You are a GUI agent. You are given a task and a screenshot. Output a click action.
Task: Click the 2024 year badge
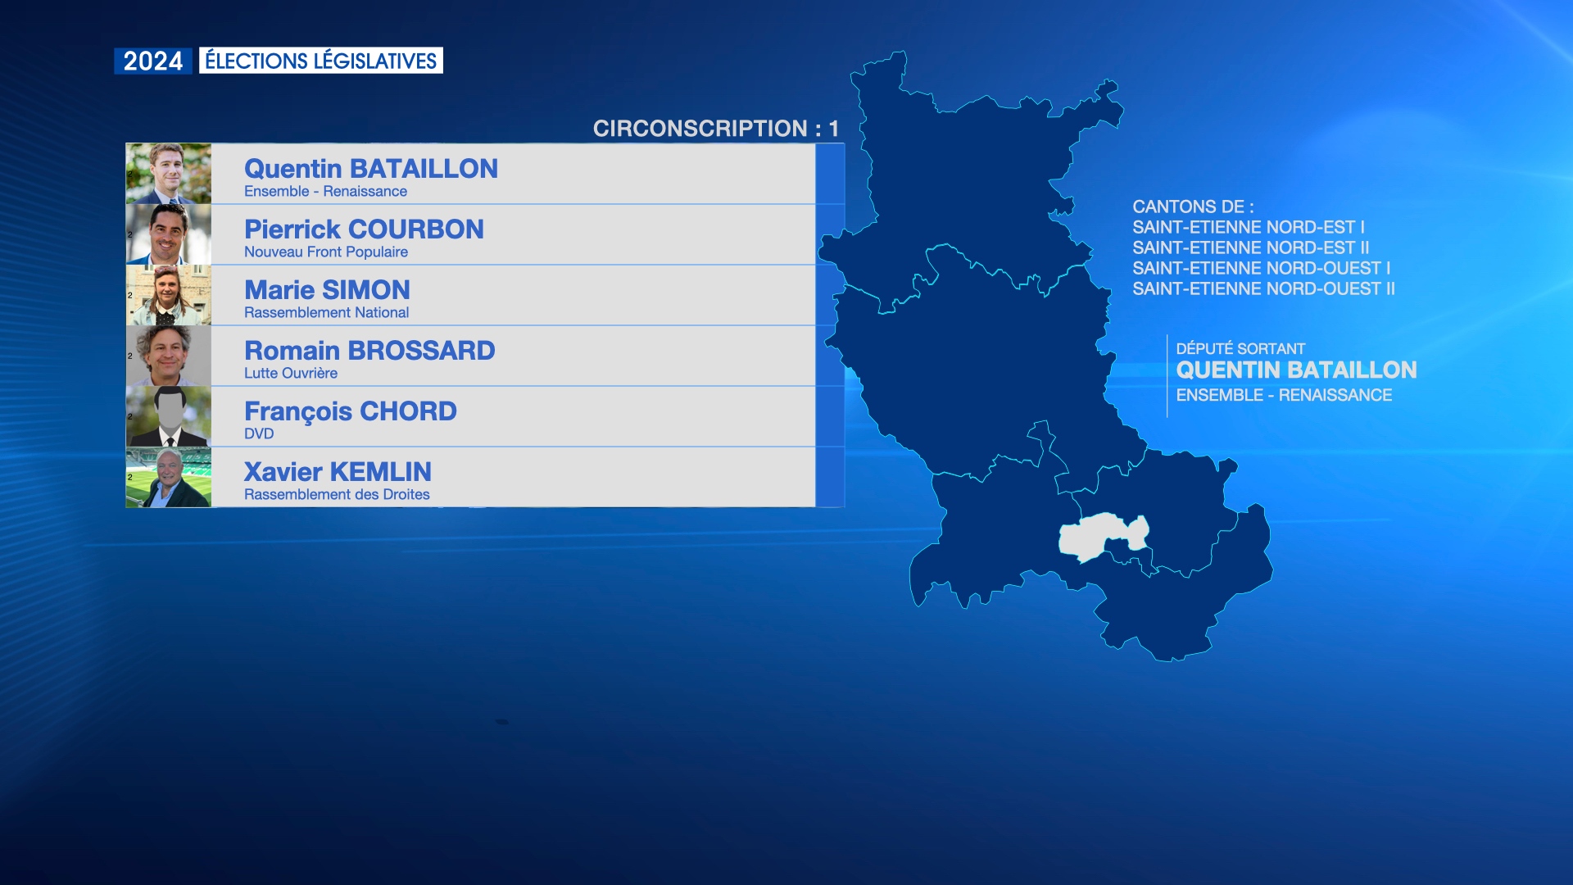coord(153,61)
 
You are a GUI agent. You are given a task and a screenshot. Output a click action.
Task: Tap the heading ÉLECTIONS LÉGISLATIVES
coord(320,61)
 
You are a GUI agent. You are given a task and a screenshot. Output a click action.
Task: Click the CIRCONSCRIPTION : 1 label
coord(716,129)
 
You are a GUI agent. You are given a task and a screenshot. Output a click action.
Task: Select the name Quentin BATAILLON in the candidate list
coord(371,169)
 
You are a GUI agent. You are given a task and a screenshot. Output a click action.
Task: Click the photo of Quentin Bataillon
coord(169,174)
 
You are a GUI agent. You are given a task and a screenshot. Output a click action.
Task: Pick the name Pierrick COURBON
coord(364,229)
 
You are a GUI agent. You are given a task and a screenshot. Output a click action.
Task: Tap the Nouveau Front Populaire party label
coord(326,252)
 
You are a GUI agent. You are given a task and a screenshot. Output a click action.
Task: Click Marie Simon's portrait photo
coord(169,295)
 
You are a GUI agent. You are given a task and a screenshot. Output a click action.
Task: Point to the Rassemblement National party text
coord(326,313)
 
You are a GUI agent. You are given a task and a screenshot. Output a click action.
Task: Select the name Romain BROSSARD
coord(369,351)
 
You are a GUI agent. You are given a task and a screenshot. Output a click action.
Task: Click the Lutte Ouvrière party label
coord(291,374)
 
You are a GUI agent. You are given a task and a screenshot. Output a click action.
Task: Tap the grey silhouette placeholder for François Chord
coord(169,416)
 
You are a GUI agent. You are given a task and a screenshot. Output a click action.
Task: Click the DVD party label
coord(259,434)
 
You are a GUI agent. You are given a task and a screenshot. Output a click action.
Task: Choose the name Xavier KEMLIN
coord(338,472)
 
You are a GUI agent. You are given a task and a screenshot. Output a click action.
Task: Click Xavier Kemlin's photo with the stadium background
coord(169,477)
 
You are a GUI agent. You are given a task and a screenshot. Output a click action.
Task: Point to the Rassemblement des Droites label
coord(337,495)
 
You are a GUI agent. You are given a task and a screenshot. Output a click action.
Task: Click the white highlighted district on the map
coord(1102,536)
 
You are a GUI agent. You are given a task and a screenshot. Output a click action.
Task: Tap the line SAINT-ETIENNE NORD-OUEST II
coord(1263,289)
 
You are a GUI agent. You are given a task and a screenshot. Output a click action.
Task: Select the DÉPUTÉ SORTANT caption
coord(1240,349)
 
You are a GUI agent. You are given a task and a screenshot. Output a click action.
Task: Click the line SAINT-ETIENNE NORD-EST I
coord(1249,228)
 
